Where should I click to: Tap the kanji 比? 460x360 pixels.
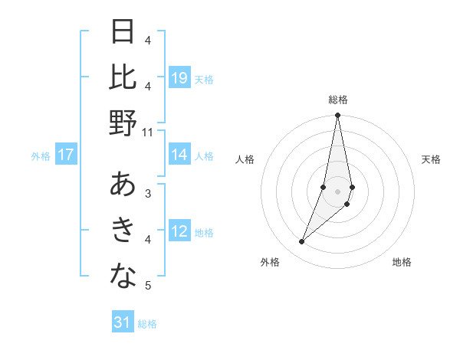coord(123,77)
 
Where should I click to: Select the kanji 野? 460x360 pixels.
coord(123,123)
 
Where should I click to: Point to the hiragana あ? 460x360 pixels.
coord(123,185)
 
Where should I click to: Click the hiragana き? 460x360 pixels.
coord(123,231)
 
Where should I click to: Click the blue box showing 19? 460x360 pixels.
coord(179,77)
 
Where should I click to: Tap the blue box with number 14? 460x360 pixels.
coord(179,155)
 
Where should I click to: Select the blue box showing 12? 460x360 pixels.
coord(179,231)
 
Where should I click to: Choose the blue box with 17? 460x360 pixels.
coord(66,155)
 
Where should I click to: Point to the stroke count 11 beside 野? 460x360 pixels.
coord(148,133)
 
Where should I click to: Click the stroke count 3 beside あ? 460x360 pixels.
coord(148,194)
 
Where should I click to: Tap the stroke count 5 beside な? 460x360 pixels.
coord(148,286)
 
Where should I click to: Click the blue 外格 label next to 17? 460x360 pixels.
coord(41,155)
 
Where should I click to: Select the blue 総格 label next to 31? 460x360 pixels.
coord(147,323)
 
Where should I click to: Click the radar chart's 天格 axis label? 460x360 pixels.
coord(431,159)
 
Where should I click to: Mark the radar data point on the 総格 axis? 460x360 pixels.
coord(337,116)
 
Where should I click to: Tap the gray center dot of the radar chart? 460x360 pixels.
coord(337,191)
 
